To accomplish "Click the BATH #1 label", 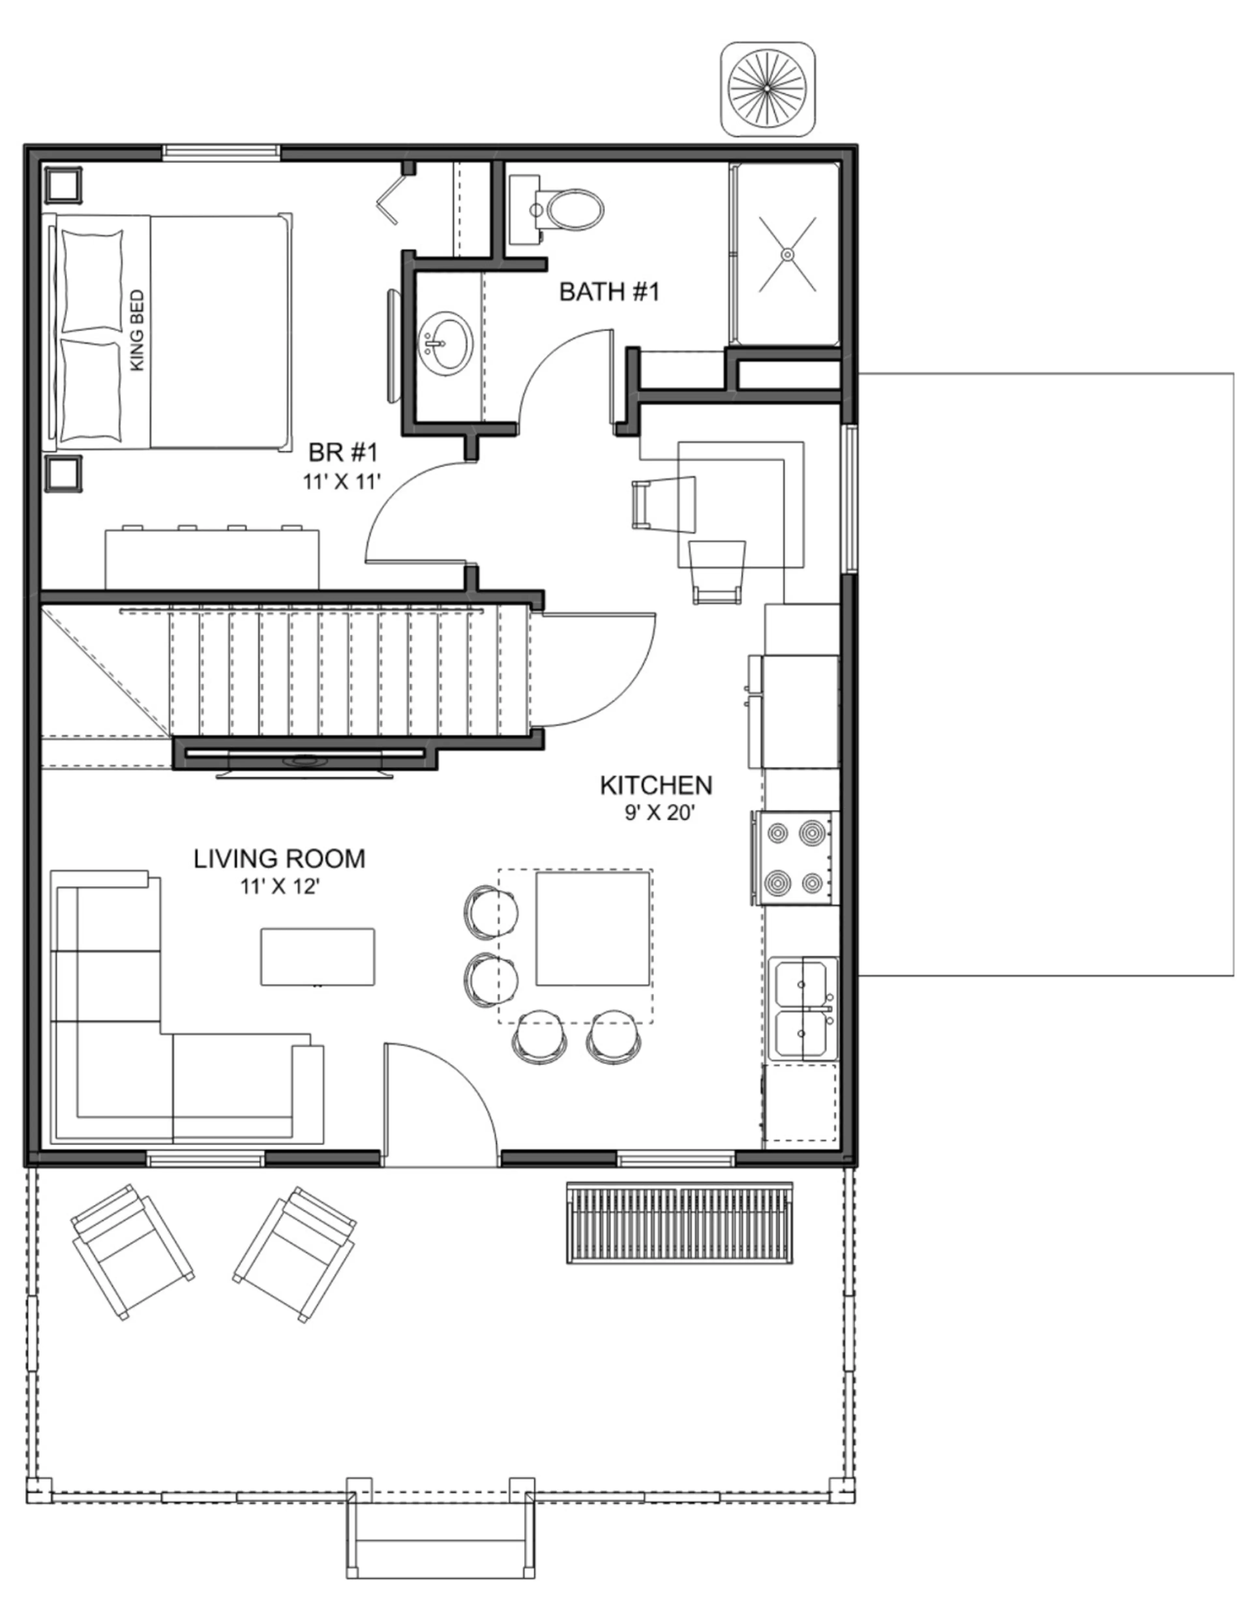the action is [x=609, y=292].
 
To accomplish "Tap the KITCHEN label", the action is [x=656, y=785].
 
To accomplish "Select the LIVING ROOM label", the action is [x=280, y=858].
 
